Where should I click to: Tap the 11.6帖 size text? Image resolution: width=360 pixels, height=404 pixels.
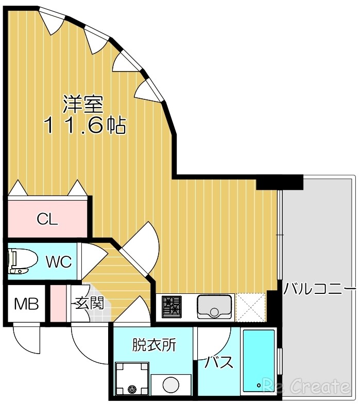[85, 125]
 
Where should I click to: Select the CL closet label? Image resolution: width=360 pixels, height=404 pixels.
[47, 219]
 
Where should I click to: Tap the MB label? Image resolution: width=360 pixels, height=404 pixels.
[26, 304]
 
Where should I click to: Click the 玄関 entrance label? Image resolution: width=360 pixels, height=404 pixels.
[90, 303]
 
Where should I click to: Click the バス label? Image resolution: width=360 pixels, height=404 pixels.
[220, 362]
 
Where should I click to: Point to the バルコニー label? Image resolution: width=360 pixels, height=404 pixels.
[319, 288]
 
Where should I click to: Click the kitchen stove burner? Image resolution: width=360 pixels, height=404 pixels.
[171, 307]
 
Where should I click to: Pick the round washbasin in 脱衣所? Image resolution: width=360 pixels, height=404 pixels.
[169, 384]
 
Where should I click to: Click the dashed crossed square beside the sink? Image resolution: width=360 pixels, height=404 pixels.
[251, 307]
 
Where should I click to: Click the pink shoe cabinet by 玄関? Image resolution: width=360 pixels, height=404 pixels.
[58, 304]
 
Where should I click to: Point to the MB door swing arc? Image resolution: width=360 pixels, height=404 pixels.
[26, 337]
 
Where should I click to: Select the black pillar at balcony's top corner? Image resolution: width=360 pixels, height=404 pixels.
[279, 182]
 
